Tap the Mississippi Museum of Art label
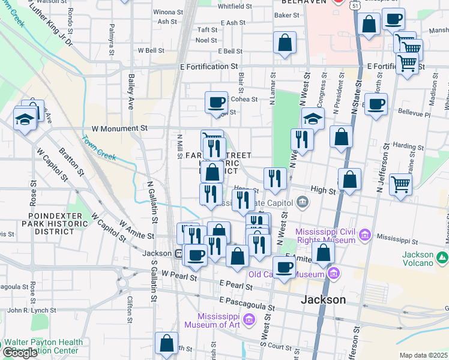tap(212, 320)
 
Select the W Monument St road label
tap(119, 128)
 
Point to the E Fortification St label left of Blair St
tap(209, 67)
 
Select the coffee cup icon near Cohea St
tap(216, 102)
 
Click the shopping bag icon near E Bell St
tap(285, 43)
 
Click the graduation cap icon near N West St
tap(312, 118)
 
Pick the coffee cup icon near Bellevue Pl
tap(376, 104)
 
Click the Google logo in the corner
tap(20, 353)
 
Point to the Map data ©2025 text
tap(423, 355)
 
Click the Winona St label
tap(168, 12)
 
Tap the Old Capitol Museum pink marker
tap(334, 274)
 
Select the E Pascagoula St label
tap(247, 304)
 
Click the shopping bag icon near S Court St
tap(167, 344)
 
